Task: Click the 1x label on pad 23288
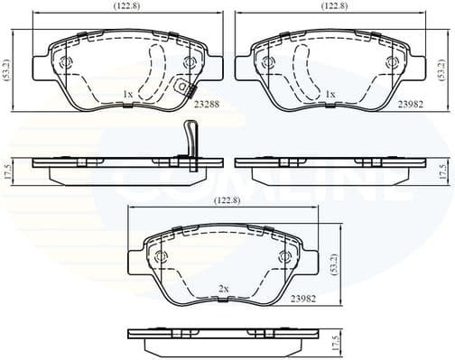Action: (x=128, y=94)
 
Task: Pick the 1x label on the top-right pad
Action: (x=330, y=94)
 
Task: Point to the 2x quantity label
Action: (x=223, y=288)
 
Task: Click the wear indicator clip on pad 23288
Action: (x=187, y=88)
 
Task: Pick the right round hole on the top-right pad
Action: (x=391, y=62)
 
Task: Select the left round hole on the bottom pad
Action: (x=162, y=257)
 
